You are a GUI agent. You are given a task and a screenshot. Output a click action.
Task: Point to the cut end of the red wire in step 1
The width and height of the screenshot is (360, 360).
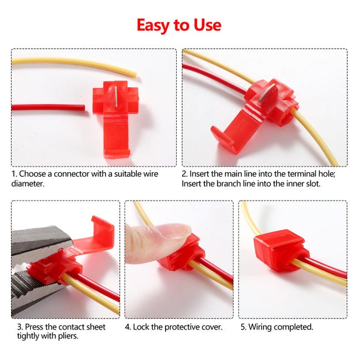tap(84, 107)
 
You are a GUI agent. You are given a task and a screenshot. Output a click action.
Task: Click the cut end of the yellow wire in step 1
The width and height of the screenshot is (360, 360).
tap(135, 75)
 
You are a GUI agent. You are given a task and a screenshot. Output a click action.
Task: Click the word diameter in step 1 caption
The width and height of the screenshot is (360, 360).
tap(28, 183)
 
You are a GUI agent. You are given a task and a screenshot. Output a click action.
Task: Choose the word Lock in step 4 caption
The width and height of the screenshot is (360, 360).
tap(141, 327)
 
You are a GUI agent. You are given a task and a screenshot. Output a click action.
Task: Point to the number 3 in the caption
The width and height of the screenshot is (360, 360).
tap(19, 327)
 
